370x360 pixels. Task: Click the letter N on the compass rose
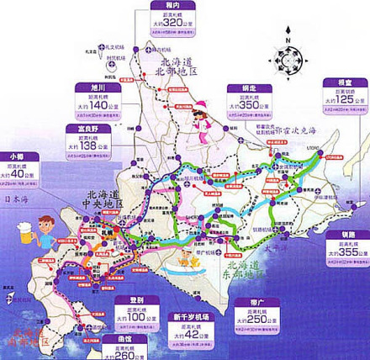pos(287,39)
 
